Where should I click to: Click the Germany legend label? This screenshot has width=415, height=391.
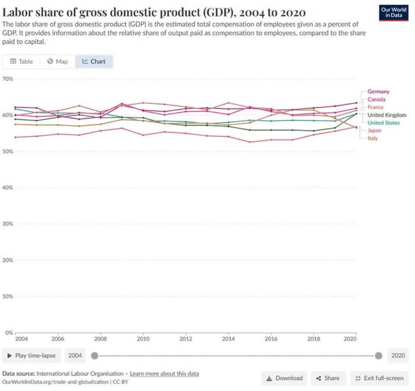tap(378, 92)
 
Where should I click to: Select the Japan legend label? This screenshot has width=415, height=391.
tap(374, 131)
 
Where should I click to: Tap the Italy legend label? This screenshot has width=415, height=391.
tap(372, 139)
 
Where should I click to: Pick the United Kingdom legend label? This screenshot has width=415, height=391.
tap(387, 115)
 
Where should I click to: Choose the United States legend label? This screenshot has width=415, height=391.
tap(383, 123)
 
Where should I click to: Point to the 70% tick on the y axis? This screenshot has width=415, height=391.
tap(8, 79)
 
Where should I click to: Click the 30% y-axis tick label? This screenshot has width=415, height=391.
tap(8, 224)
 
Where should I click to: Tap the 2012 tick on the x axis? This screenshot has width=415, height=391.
tap(186, 339)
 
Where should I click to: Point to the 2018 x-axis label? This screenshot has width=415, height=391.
tap(314, 339)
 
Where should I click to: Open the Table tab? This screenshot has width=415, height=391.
tap(21, 62)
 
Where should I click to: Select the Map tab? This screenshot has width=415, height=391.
tap(57, 62)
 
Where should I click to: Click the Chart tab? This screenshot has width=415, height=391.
tap(94, 62)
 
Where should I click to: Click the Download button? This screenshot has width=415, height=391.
tap(284, 378)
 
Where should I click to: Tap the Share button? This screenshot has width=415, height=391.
tap(328, 378)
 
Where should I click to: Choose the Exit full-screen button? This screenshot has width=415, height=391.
tap(380, 378)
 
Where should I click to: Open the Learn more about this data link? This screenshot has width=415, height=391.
tap(164, 374)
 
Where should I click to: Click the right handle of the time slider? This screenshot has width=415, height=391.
tap(378, 355)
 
